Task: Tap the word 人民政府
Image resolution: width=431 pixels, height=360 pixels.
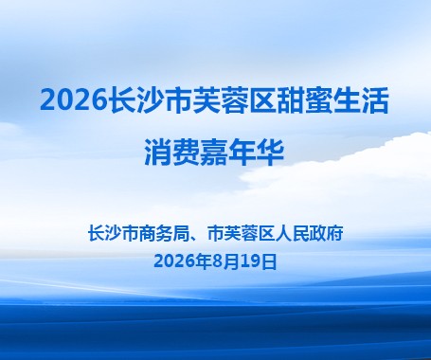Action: [x=309, y=234]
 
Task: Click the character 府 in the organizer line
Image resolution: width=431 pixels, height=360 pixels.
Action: [x=335, y=234]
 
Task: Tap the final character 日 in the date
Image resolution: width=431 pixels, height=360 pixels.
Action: [x=269, y=261]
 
